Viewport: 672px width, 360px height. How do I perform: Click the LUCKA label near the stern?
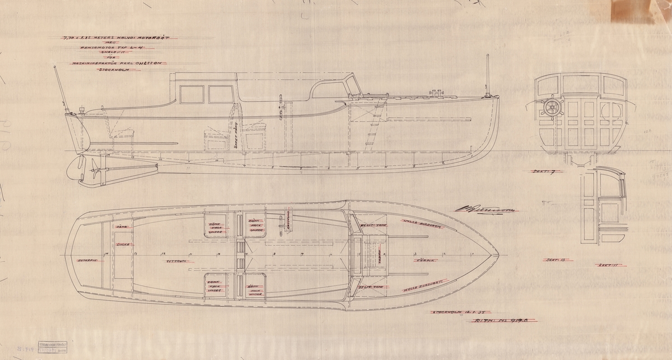click(x=123, y=245)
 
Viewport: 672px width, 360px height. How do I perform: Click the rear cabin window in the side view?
click(x=192, y=95)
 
